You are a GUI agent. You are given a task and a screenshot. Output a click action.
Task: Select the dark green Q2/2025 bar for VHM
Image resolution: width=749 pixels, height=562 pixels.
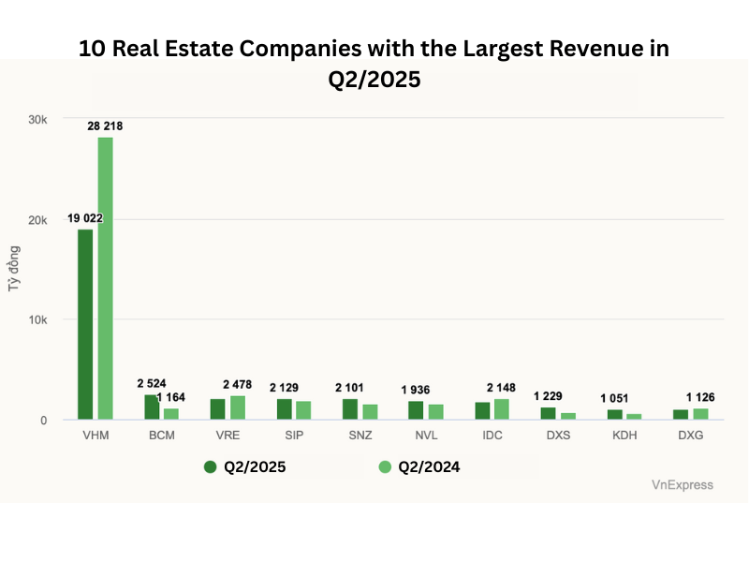pos(85,324)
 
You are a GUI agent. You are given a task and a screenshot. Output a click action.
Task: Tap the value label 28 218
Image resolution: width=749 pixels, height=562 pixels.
pos(106,126)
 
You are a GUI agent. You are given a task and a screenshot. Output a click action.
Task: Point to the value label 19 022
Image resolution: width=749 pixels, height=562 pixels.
pos(84,218)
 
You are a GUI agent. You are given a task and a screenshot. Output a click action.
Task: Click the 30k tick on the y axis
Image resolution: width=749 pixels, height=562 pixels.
pos(37,119)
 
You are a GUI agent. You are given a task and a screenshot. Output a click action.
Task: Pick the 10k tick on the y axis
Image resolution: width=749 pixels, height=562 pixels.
pos(37,319)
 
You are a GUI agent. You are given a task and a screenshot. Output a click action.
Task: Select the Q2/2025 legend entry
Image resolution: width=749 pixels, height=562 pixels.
pos(244,466)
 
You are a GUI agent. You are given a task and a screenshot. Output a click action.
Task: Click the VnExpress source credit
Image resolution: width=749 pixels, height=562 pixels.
pos(682,484)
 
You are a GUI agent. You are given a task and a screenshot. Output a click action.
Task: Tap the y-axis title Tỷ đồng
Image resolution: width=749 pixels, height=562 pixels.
pos(15,270)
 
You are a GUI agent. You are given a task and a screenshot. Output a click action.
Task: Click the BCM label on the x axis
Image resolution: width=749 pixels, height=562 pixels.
pos(162,436)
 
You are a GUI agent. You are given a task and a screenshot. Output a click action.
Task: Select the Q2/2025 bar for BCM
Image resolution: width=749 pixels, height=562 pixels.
pos(152,407)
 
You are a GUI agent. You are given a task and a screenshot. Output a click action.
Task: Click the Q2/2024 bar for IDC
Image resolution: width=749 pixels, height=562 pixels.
pos(503,408)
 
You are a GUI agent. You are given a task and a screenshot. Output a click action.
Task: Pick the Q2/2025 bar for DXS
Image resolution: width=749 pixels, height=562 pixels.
pos(549,413)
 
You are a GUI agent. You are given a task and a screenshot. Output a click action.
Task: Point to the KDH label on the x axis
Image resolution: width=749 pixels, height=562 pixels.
pos(625,436)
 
